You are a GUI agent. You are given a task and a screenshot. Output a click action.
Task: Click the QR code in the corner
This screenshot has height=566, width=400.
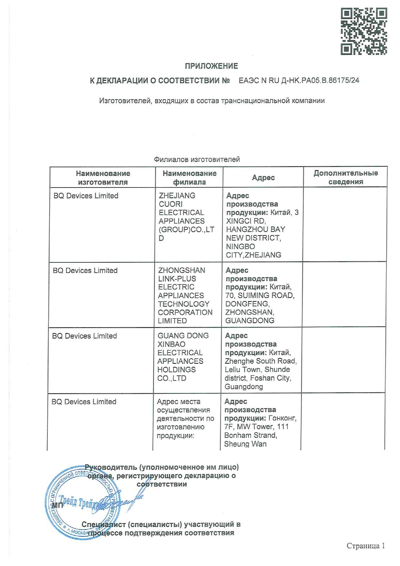[364, 31]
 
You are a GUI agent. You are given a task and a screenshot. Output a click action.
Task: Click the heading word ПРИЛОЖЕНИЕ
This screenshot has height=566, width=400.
[211, 66]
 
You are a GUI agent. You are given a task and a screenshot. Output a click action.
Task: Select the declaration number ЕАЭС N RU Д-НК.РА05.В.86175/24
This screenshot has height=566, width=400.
[299, 81]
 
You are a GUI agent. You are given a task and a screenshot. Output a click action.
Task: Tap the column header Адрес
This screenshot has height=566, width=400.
[263, 177]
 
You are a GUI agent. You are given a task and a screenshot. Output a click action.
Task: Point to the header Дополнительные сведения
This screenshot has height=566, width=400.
[345, 177]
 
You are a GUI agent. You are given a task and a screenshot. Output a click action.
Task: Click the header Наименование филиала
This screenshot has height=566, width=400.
[189, 177]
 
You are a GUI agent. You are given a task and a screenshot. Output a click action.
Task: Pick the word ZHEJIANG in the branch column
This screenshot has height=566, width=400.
[177, 196]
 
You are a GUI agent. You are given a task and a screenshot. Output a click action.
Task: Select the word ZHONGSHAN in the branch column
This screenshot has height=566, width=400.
[182, 270]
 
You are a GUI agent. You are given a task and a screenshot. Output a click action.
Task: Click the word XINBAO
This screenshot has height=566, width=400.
[171, 344]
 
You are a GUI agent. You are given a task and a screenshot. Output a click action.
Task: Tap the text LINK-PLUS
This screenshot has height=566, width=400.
[177, 278]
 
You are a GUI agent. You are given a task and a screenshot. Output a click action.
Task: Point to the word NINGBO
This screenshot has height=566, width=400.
[240, 246]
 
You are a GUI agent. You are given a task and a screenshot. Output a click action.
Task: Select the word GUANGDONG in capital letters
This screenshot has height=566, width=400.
[250, 320]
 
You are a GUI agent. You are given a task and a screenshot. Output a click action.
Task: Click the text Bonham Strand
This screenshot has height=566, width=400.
[250, 435]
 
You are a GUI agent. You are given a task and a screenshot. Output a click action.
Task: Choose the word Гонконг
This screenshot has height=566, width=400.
[282, 418]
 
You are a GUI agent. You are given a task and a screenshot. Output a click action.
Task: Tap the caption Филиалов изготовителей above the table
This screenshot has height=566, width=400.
[197, 159]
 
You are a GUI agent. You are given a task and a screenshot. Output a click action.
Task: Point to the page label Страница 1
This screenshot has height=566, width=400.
[365, 546]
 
